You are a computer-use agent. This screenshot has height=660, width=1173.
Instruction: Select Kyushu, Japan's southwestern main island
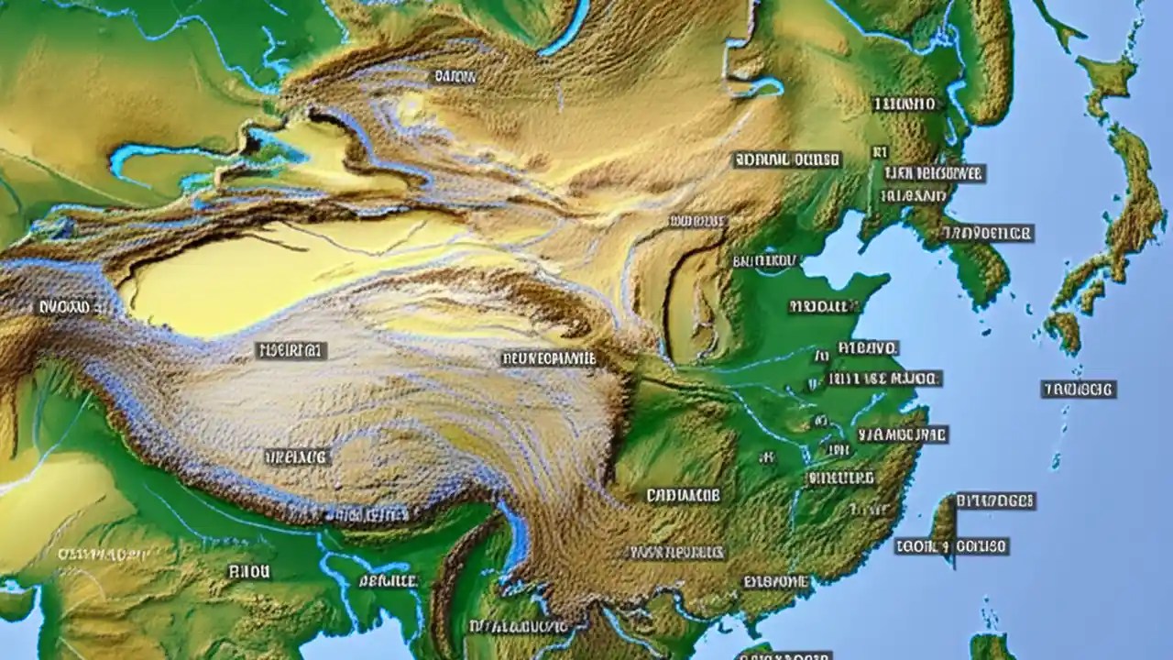[1063, 329]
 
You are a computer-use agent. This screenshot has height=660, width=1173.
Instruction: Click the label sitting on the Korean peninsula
[988, 233]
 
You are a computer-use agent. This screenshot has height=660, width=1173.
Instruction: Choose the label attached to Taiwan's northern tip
[995, 500]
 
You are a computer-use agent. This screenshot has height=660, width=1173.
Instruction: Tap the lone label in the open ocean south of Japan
[1079, 390]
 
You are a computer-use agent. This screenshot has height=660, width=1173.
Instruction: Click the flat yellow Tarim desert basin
[275, 275]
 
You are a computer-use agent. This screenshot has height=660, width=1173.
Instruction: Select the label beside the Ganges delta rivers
[388, 580]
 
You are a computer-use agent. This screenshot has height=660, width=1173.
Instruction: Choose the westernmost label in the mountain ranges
[63, 308]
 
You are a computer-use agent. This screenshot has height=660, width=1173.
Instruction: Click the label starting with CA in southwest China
[683, 496]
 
